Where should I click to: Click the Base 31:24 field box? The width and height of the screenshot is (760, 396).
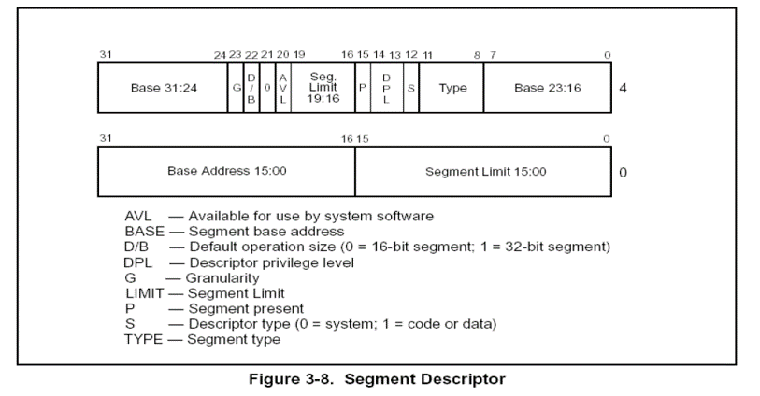pyautogui.click(x=162, y=89)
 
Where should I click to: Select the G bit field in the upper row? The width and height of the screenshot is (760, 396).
pyautogui.click(x=236, y=89)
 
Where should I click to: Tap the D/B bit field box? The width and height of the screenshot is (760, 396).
pyautogui.click(x=251, y=89)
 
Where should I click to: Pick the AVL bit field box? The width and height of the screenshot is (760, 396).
pyautogui.click(x=282, y=89)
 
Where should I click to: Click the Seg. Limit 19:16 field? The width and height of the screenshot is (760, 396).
pyautogui.click(x=323, y=89)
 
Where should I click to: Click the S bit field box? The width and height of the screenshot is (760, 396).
pyautogui.click(x=411, y=89)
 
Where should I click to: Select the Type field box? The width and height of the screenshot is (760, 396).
pyautogui.click(x=452, y=89)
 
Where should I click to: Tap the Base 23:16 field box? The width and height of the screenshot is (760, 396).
pyautogui.click(x=547, y=89)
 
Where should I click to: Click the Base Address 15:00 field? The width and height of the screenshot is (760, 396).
pyautogui.click(x=226, y=171)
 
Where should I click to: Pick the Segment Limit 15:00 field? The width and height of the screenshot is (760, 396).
pyautogui.click(x=484, y=171)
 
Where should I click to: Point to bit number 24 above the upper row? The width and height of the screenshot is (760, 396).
pyautogui.click(x=220, y=55)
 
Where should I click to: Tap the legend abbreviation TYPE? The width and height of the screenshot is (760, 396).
pyautogui.click(x=143, y=339)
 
